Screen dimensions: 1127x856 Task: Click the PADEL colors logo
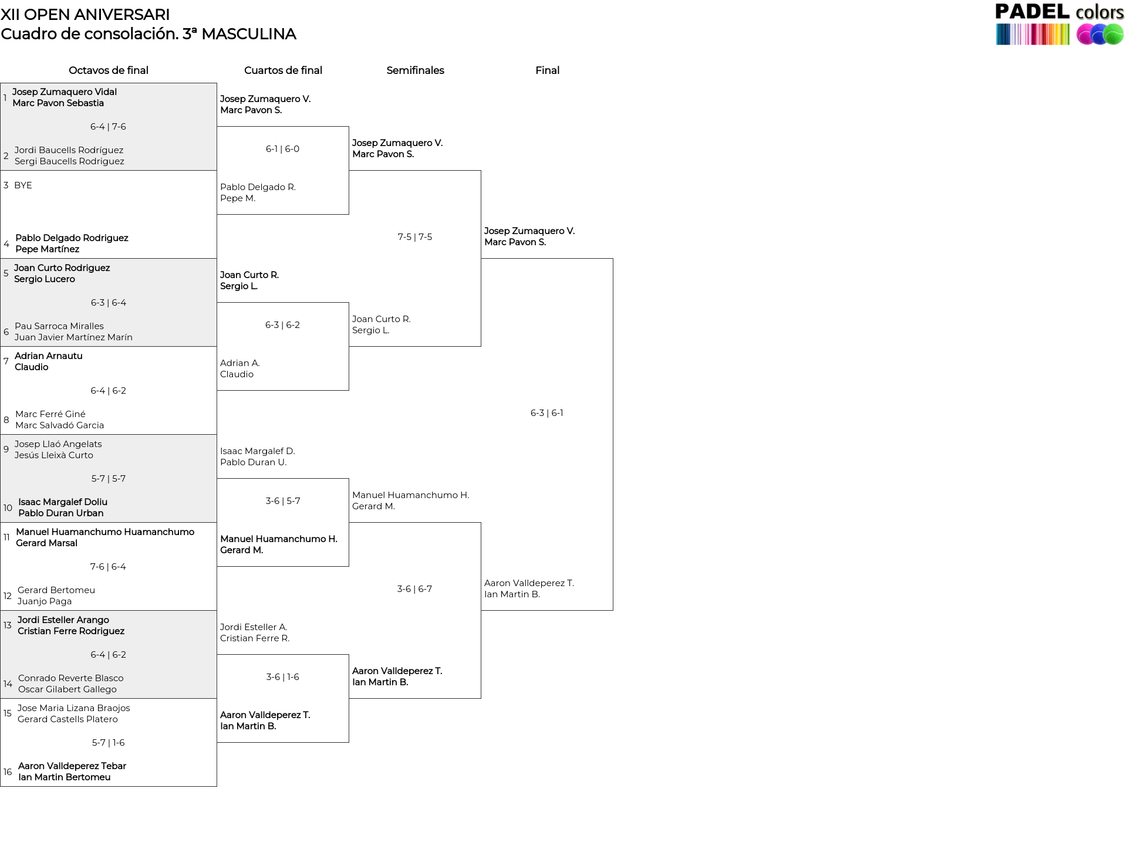pyautogui.click(x=1059, y=24)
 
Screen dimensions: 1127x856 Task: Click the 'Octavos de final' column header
pyautogui.click(x=109, y=70)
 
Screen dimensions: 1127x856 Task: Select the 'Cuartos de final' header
pyautogui.click(x=283, y=70)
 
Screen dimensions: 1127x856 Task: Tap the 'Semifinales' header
pyautogui.click(x=415, y=70)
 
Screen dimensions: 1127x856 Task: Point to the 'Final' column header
pyautogui.click(x=547, y=70)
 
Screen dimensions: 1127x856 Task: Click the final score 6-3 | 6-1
pyautogui.click(x=546, y=413)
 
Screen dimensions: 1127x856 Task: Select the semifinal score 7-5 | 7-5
pyautogui.click(x=415, y=237)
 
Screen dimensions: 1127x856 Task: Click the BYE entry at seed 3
pyautogui.click(x=23, y=185)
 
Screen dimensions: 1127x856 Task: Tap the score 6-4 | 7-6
pyautogui.click(x=108, y=127)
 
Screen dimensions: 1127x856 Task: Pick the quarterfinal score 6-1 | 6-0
pyautogui.click(x=282, y=149)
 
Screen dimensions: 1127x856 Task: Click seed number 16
pyautogui.click(x=8, y=772)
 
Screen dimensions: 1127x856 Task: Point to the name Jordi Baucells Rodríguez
pyautogui.click(x=69, y=150)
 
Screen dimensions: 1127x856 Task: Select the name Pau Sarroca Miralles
pyautogui.click(x=59, y=326)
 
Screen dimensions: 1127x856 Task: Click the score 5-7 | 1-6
pyautogui.click(x=108, y=743)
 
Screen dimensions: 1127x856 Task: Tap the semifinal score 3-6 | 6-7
pyautogui.click(x=414, y=589)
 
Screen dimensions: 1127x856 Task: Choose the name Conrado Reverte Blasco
pyautogui.click(x=71, y=678)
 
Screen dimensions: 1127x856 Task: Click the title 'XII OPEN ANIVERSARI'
pyautogui.click(x=85, y=15)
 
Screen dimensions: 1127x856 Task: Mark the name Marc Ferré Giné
pyautogui.click(x=50, y=414)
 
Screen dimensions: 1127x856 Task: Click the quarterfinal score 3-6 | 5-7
pyautogui.click(x=283, y=501)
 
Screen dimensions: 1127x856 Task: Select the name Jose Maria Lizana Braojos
pyautogui.click(x=74, y=708)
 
